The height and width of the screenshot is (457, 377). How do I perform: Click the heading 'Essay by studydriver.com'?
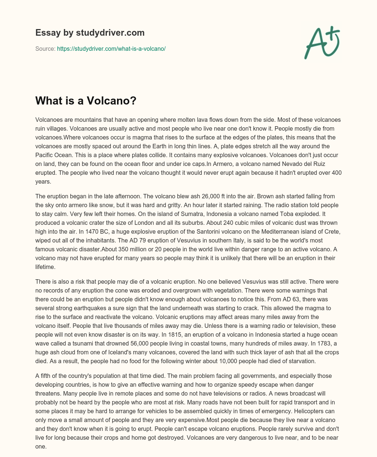pos(90,33)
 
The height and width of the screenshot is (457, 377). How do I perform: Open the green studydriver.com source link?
pos(111,49)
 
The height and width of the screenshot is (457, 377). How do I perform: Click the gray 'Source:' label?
pos(45,49)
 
